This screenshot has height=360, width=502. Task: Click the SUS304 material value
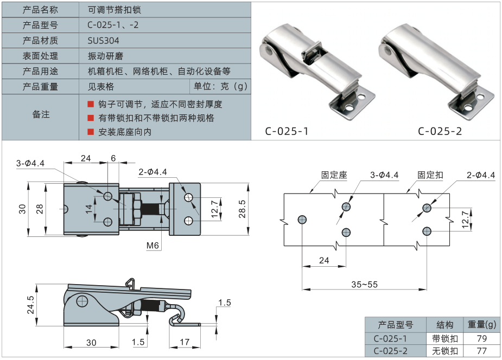(x=103, y=41)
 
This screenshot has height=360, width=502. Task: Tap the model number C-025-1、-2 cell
(x=113, y=25)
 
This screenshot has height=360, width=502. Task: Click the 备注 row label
(x=41, y=114)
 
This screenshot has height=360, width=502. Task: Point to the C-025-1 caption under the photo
(x=287, y=131)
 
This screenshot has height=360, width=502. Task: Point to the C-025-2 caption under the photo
(x=440, y=131)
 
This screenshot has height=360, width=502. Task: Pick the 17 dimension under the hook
(x=185, y=342)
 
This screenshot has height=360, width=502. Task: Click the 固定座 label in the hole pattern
(x=333, y=175)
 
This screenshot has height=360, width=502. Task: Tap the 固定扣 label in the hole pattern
(x=430, y=175)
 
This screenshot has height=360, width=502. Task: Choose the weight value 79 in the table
(x=481, y=338)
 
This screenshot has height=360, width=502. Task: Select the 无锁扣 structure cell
(x=445, y=351)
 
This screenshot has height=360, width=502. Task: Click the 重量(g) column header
(x=481, y=325)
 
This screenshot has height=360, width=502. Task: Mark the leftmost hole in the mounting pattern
(x=302, y=219)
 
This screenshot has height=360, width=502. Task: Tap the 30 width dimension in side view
(x=91, y=342)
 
